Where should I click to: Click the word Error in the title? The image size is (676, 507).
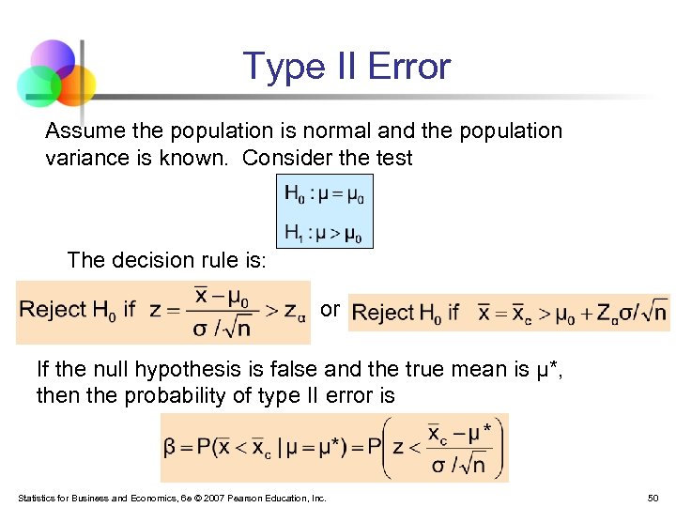click(409, 67)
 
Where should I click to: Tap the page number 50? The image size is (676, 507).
click(653, 498)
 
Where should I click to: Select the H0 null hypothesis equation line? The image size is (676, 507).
click(325, 195)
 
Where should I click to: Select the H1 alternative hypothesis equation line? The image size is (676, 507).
click(325, 232)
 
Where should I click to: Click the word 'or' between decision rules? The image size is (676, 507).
click(330, 309)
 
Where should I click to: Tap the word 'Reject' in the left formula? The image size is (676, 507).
click(53, 310)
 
